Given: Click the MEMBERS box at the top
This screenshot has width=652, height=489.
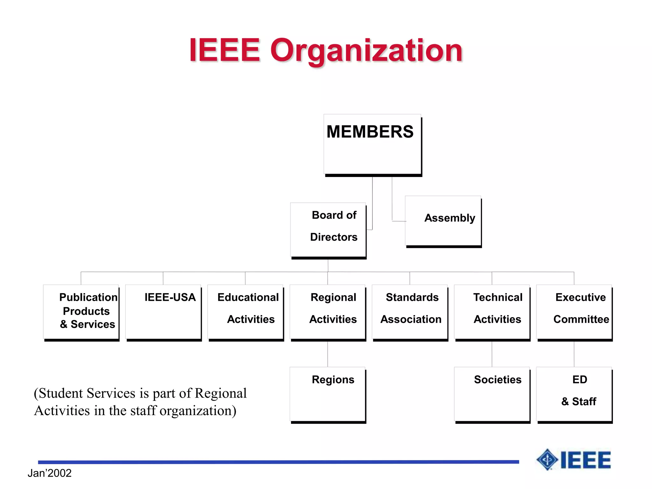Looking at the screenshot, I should click(x=372, y=144).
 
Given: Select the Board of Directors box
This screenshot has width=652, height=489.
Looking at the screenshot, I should click(x=328, y=230).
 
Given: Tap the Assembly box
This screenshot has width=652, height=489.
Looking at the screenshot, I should click(x=443, y=221).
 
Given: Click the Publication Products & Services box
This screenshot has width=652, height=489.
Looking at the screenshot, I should click(x=81, y=312).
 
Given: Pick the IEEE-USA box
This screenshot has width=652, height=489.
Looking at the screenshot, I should click(x=163, y=312).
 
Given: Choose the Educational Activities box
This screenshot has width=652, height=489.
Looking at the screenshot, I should click(x=245, y=312).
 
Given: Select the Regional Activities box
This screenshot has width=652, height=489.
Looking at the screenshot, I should click(x=328, y=312).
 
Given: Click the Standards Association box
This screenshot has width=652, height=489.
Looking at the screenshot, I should click(x=410, y=312).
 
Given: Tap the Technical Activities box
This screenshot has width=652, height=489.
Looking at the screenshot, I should click(x=492, y=312).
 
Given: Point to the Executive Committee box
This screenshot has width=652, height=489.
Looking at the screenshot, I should click(x=574, y=312).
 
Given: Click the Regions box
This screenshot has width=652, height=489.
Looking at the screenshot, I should click(x=328, y=394).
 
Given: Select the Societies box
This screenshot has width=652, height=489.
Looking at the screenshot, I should click(x=492, y=394).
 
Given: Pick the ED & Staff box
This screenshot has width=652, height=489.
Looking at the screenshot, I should click(x=574, y=394).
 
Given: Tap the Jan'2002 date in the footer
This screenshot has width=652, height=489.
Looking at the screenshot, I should click(x=50, y=473).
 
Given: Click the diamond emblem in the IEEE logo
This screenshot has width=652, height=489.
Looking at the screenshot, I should click(x=547, y=459).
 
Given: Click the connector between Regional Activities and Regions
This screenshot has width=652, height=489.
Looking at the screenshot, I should click(x=328, y=354).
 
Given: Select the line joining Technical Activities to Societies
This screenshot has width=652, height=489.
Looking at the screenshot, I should click(x=492, y=354).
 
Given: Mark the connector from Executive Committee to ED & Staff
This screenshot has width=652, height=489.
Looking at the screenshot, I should click(x=574, y=354).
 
